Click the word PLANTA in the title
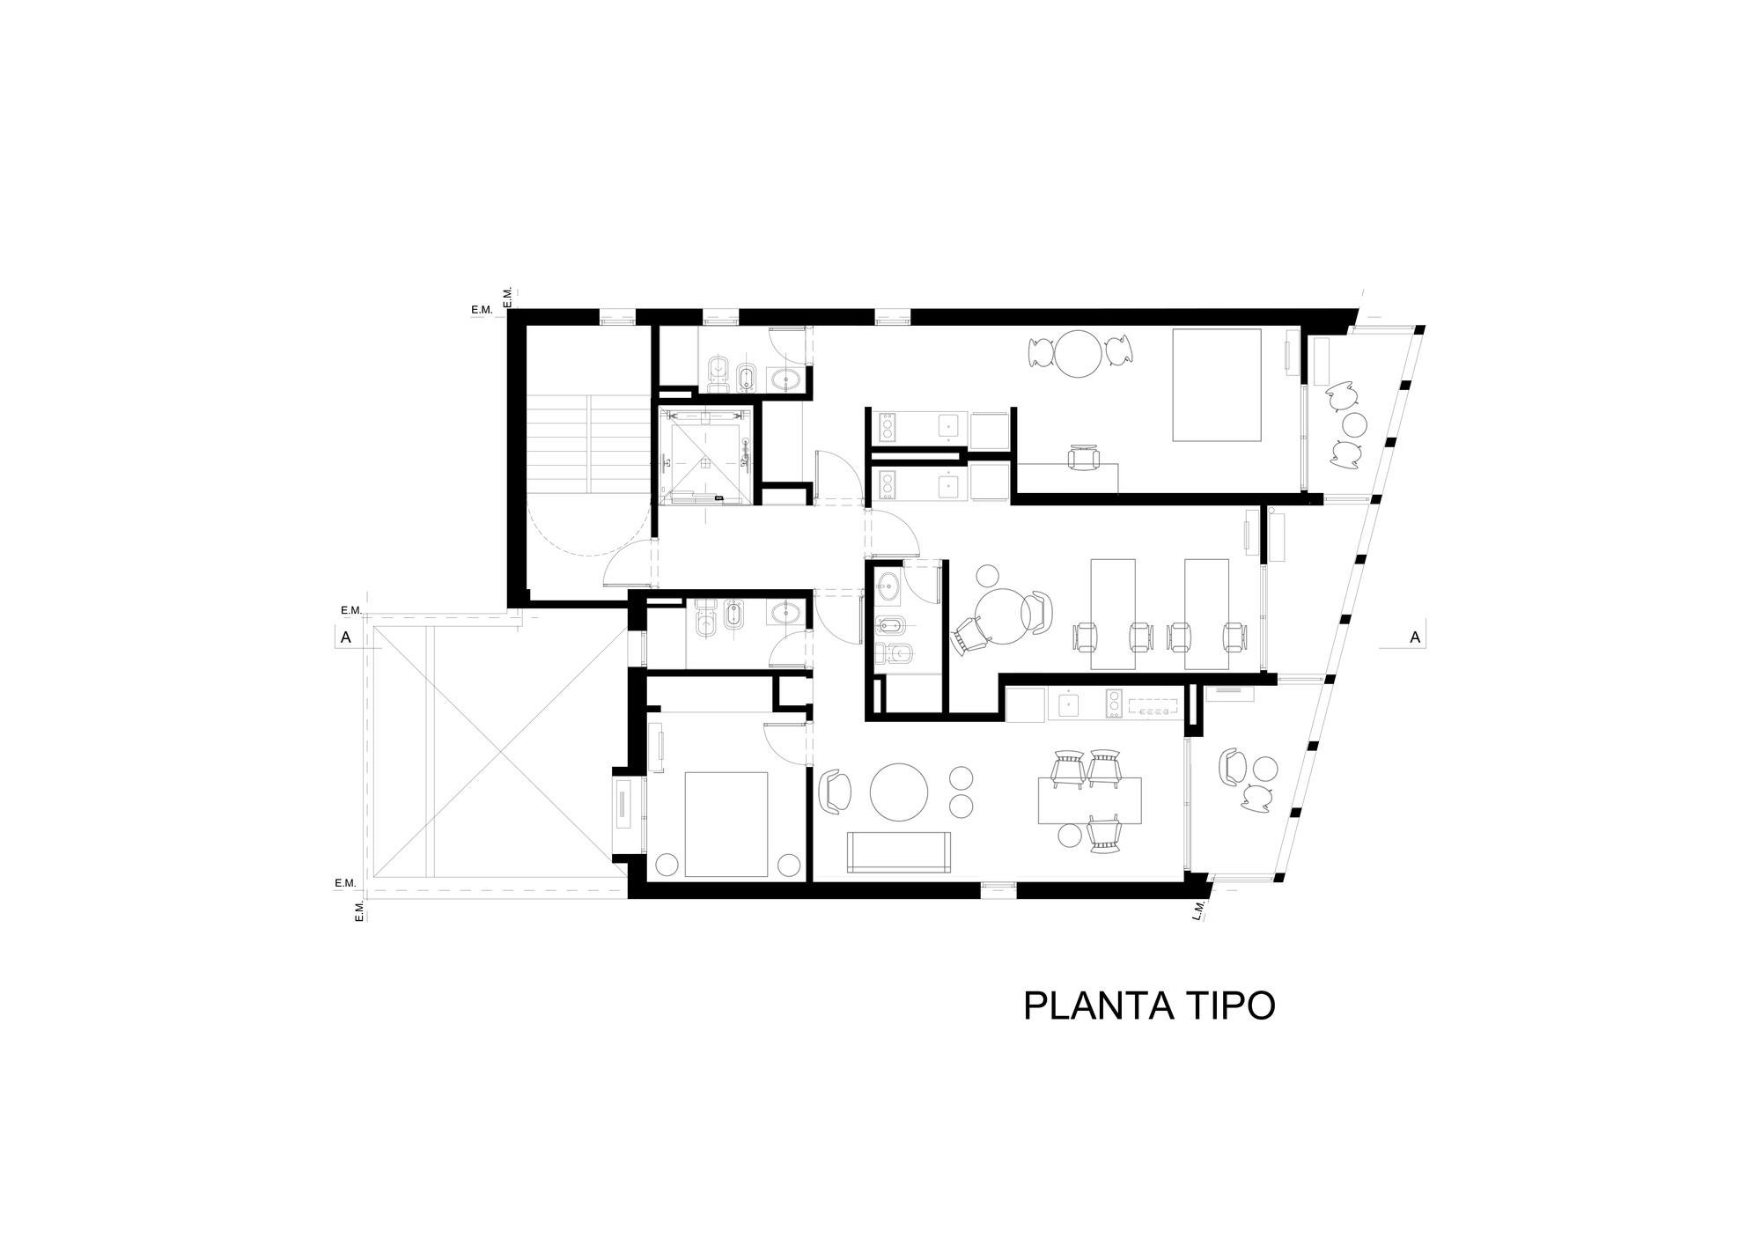tap(1098, 1006)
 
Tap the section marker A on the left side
tap(346, 638)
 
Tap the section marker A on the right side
tap(1415, 637)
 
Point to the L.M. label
tap(1198, 910)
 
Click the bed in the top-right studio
tap(1217, 385)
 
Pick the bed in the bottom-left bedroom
tap(726, 824)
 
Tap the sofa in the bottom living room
tap(899, 851)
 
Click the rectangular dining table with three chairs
tap(1089, 800)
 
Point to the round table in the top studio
tap(1079, 353)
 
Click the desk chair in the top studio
tap(1084, 458)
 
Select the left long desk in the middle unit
tap(1113, 614)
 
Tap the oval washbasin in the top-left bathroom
tap(785, 379)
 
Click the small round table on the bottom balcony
tap(1266, 769)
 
